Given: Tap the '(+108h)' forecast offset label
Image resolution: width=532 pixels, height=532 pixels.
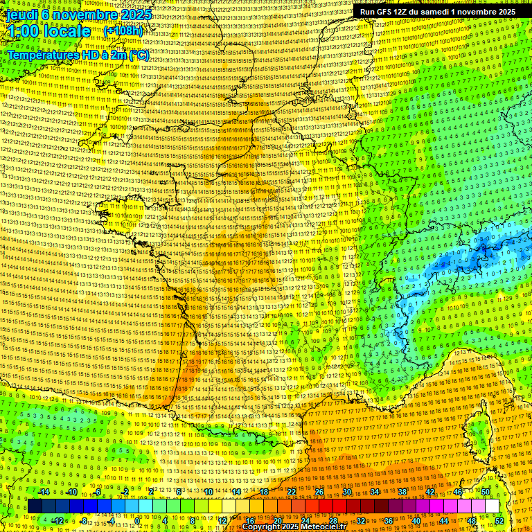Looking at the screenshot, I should [x=123, y=30].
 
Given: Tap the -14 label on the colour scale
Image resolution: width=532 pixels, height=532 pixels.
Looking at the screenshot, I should [x=44, y=492].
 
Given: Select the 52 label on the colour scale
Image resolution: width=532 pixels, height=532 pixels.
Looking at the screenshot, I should [x=499, y=521].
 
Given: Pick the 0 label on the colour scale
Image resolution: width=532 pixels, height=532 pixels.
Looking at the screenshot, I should [x=137, y=521].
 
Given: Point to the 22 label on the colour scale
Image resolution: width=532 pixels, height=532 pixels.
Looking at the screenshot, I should [x=292, y=492].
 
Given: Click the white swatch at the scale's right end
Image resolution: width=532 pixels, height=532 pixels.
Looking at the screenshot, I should [x=492, y=506].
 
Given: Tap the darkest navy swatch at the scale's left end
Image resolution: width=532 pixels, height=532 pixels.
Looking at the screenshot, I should [x=35, y=506].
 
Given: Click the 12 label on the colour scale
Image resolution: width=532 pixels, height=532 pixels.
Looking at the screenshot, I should [x=222, y=521].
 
